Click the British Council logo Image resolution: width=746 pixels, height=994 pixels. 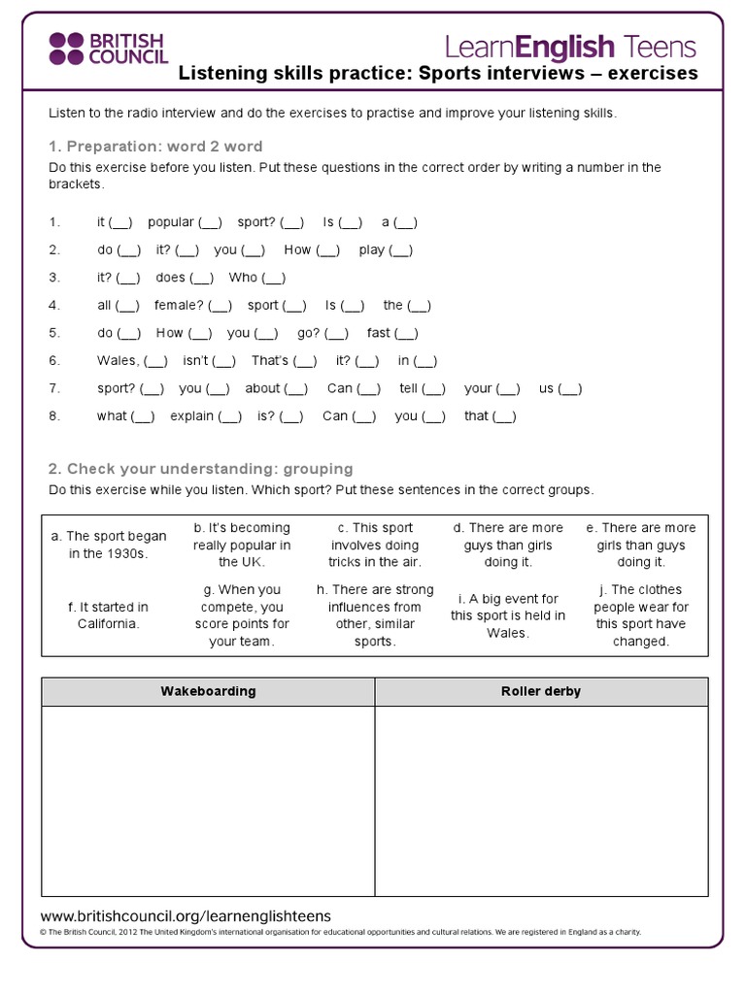coord(108,49)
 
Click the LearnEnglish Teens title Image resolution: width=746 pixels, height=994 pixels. coord(570,46)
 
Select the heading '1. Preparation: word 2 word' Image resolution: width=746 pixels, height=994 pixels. coord(155,147)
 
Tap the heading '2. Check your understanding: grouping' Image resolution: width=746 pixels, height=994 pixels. coord(200,469)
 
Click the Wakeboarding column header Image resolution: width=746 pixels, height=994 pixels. coord(208,691)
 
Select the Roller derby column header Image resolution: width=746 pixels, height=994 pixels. coord(541,691)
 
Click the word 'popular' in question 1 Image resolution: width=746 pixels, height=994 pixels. coord(171,222)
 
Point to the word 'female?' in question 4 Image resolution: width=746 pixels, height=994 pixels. coord(179,305)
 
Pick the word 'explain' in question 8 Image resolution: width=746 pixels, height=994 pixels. coord(191,415)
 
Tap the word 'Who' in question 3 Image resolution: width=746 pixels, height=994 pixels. coord(243,278)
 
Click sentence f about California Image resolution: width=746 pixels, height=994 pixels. coord(108,615)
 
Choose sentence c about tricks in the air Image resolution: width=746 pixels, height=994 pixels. coord(374,545)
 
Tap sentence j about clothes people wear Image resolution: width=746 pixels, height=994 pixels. coord(641,615)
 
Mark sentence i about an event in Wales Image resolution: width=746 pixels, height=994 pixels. coord(508,615)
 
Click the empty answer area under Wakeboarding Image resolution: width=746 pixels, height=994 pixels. coord(208,801)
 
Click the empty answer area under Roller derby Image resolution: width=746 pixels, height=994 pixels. coord(541,801)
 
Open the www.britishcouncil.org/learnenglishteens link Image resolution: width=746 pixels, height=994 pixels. coord(186,916)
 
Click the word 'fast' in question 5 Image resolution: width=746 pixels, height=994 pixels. coord(378,333)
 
